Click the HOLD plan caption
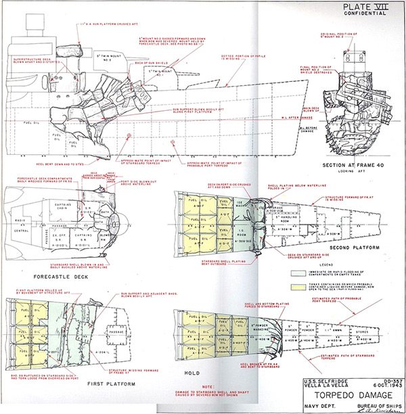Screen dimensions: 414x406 [193, 371]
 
